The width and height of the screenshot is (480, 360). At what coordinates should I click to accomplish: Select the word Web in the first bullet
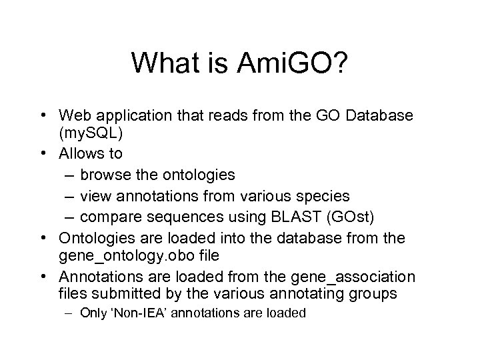74,116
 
